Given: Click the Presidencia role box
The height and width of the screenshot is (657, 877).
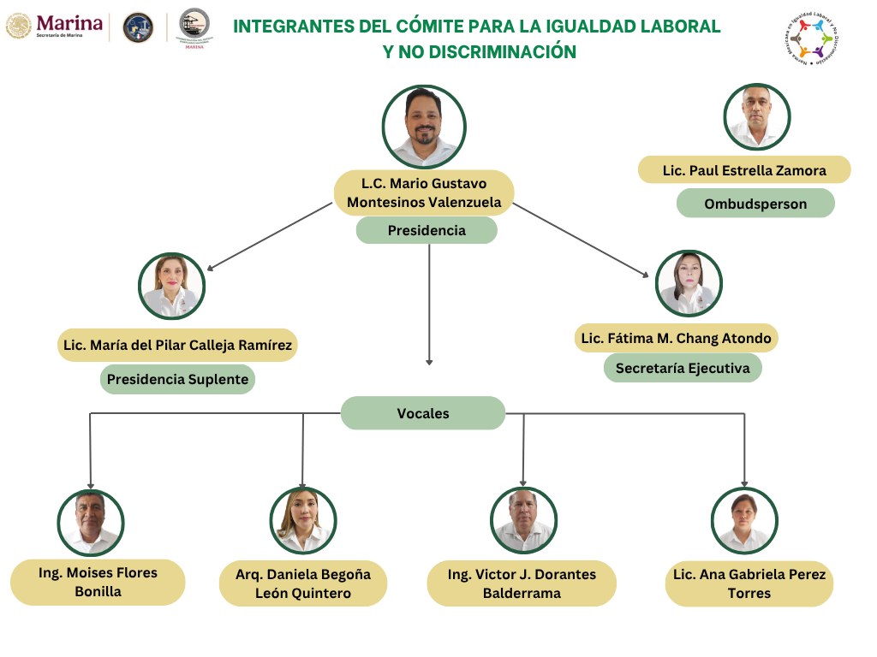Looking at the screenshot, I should (427, 230).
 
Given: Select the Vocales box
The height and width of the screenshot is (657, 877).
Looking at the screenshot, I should (423, 413).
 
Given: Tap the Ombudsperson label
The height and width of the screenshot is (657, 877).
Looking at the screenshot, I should (755, 204).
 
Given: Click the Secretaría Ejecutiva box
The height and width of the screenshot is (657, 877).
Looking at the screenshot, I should (683, 368).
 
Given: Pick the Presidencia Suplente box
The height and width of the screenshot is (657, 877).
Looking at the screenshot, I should (177, 379).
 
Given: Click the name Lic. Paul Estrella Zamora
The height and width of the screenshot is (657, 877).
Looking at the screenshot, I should (744, 170).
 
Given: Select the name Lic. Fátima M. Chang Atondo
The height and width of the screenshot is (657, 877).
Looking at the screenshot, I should (676, 338).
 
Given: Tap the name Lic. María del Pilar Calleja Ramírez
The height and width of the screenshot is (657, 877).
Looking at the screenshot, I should (177, 346).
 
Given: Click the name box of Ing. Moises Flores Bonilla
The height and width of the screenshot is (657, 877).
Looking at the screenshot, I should (98, 582).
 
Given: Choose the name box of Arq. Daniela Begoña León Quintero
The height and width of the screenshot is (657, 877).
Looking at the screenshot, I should (303, 583).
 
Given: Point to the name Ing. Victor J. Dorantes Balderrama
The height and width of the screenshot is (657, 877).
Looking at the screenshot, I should (522, 583).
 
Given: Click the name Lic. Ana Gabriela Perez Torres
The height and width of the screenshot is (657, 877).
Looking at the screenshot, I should (749, 583).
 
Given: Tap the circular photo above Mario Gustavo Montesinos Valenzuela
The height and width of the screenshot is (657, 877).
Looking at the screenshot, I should (424, 127).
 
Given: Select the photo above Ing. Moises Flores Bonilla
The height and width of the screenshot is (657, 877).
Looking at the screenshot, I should (91, 523).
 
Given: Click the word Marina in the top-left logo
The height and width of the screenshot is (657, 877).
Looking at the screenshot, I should (70, 23).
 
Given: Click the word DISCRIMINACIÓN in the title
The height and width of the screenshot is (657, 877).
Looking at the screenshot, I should (503, 52).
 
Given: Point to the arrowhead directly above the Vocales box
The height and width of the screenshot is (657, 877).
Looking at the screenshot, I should (429, 362).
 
